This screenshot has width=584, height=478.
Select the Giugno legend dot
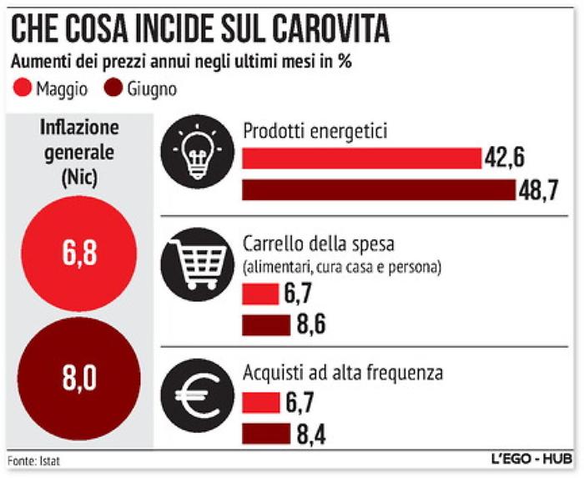point(113,88)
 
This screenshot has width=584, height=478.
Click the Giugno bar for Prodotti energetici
point(379,190)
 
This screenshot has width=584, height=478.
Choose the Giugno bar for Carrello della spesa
point(266,325)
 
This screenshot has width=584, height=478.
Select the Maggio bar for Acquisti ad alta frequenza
point(259,404)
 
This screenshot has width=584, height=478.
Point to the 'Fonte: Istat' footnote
point(34,460)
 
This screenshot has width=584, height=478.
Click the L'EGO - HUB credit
point(531,460)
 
